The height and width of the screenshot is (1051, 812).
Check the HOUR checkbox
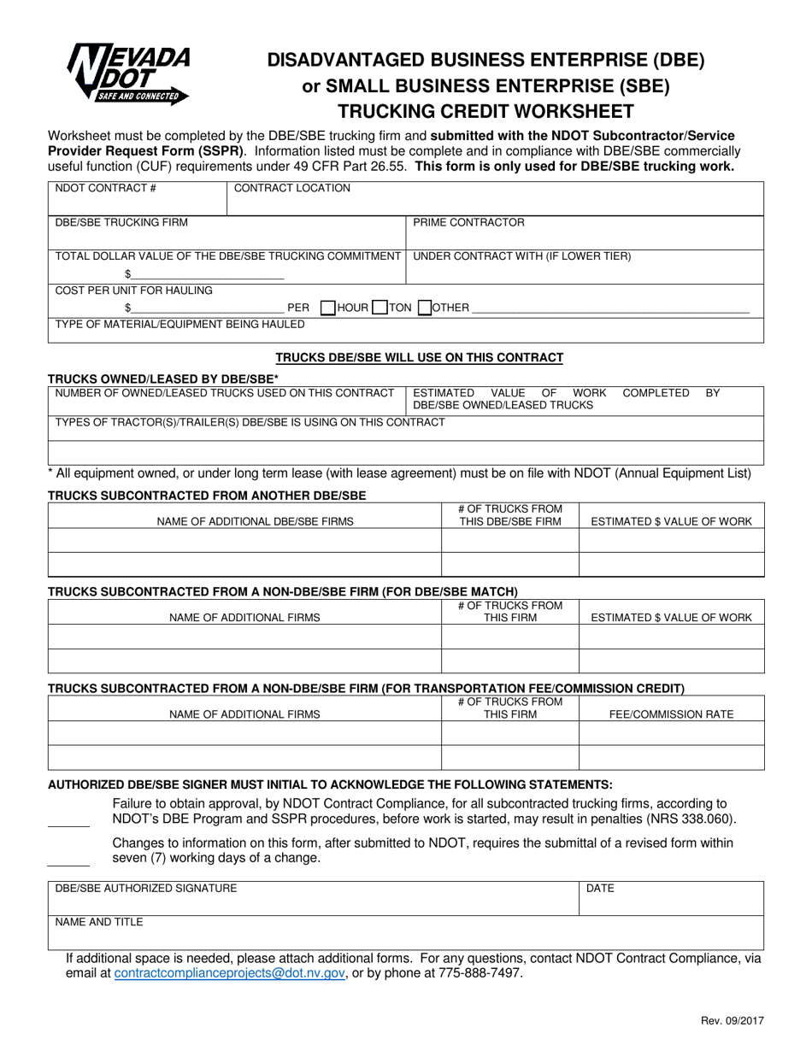pyautogui.click(x=327, y=308)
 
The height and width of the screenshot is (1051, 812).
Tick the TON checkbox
pyautogui.click(x=380, y=308)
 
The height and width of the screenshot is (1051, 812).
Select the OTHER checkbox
pyautogui.click(x=424, y=308)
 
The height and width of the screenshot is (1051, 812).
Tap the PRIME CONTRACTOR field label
pyautogui.click(x=468, y=222)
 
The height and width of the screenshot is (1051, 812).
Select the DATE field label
pyautogui.click(x=600, y=889)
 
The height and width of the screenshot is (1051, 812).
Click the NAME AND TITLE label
pyautogui.click(x=99, y=922)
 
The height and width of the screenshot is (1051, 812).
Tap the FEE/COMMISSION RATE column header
pyautogui.click(x=670, y=714)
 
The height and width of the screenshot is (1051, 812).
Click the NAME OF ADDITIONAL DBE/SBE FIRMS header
pyautogui.click(x=255, y=521)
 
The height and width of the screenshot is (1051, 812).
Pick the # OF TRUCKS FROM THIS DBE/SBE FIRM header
pyautogui.click(x=510, y=514)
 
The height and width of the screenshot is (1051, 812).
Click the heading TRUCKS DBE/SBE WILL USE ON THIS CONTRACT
pyautogui.click(x=419, y=357)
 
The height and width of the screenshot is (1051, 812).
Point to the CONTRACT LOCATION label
pyautogui.click(x=291, y=188)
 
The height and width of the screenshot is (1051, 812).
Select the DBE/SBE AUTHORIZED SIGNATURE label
pyautogui.click(x=146, y=889)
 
